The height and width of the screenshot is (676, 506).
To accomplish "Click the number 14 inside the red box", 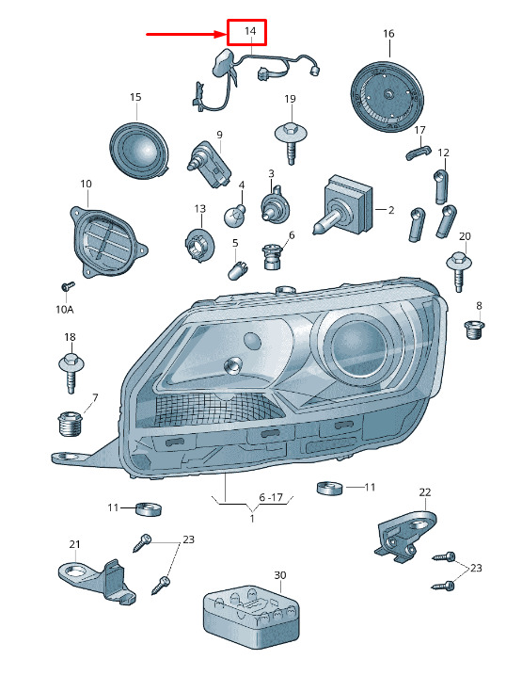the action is click(x=250, y=31).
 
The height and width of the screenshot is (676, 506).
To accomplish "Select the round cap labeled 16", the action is click(x=387, y=95).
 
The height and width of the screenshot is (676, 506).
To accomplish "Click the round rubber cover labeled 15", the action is click(x=139, y=150).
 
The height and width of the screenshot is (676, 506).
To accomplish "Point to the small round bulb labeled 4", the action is click(x=235, y=215).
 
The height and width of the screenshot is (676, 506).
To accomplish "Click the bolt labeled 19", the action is click(x=292, y=141).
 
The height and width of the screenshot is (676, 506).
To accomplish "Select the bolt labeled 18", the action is click(x=71, y=373).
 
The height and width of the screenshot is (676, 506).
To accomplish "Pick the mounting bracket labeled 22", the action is click(x=405, y=536).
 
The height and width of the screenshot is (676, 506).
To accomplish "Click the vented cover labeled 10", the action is click(x=107, y=241).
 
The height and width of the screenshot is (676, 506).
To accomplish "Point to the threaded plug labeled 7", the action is click(x=70, y=425).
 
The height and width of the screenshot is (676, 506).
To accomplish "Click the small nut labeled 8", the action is click(x=475, y=330).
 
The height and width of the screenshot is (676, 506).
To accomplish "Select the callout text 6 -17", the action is click(x=271, y=497).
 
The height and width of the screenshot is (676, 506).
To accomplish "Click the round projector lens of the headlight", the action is click(x=356, y=346).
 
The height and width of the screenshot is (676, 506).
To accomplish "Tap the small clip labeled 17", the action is click(x=418, y=153).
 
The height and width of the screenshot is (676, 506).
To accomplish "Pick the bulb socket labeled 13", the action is click(x=199, y=246).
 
